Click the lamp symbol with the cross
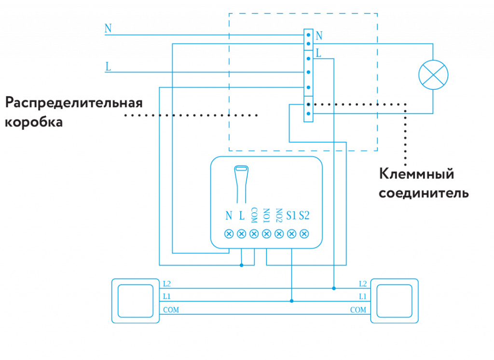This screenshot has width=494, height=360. [433, 75]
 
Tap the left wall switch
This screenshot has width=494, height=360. [135, 300]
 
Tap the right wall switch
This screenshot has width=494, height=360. [394, 300]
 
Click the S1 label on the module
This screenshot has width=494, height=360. [291, 215]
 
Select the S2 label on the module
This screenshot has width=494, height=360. [304, 215]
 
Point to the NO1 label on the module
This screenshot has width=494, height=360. [266, 215]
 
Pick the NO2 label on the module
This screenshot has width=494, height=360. [279, 215]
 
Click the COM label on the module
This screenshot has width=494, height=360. [254, 215]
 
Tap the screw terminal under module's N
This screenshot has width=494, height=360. [229, 234]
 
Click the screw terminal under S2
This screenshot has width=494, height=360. [304, 234]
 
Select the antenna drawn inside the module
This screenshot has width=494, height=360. [241, 183]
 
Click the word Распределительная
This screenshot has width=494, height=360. [74, 103]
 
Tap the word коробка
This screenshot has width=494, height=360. [34, 122]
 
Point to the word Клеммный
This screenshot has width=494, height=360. [416, 174]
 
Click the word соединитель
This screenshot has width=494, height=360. [424, 194]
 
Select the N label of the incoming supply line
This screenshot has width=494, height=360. [108, 28]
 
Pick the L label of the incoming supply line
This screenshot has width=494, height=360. [108, 67]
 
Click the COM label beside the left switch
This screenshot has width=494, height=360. [171, 310]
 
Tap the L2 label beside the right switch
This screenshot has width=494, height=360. [362, 284]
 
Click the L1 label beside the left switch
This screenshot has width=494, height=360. [166, 296]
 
